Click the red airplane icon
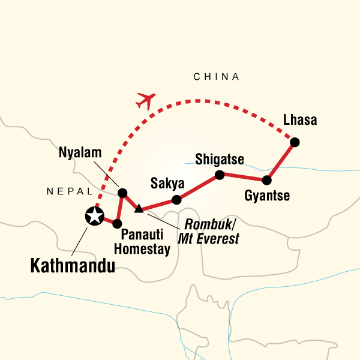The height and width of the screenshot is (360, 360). [x=146, y=100]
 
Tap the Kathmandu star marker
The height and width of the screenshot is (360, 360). [x=94, y=216]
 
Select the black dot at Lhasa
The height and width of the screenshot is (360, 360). [x=295, y=142]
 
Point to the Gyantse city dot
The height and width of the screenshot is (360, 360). [x=267, y=179]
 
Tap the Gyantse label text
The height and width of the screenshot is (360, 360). [x=268, y=196]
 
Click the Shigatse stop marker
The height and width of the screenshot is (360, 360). [x=220, y=175]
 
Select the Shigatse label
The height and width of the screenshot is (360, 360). [x=220, y=159]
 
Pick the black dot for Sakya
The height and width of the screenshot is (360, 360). [x=176, y=200]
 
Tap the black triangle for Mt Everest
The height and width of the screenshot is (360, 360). [x=139, y=208]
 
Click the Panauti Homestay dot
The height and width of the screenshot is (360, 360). [x=118, y=224]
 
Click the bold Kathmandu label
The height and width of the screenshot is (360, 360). [x=73, y=265]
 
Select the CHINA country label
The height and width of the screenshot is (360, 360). [x=216, y=77]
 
